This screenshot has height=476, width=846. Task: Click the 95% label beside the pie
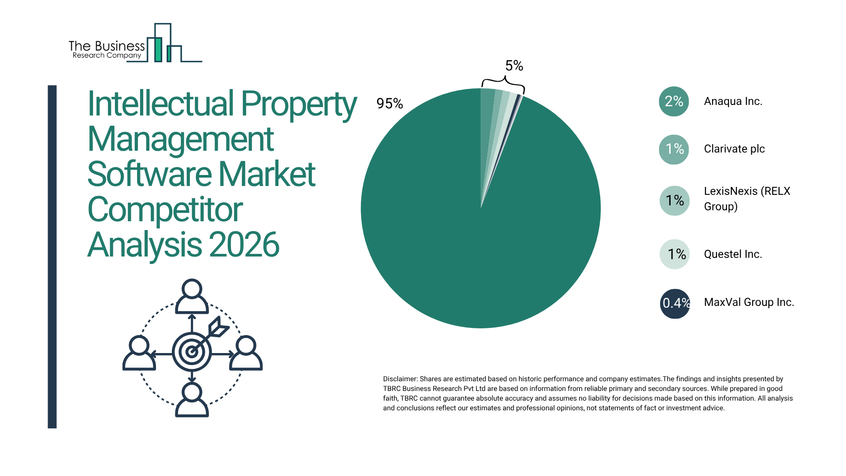[390, 104]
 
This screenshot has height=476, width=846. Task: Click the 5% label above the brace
[514, 66]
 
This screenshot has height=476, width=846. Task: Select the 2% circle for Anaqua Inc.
[674, 101]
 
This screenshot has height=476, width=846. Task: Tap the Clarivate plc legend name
[734, 149]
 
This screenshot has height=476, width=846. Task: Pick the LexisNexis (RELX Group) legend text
[747, 199]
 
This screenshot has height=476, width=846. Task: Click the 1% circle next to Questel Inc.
[675, 254]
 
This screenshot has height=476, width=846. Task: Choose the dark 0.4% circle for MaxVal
[675, 304]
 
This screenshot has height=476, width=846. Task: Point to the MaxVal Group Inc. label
[749, 302]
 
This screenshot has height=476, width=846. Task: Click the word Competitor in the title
[165, 210]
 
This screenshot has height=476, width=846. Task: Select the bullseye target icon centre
[192, 352]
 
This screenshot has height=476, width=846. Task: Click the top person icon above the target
[192, 296]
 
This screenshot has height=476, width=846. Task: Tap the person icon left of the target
[139, 353]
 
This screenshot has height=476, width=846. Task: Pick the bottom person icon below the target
[192, 400]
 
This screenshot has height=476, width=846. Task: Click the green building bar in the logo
[158, 49]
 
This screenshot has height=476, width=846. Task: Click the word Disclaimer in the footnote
[400, 379]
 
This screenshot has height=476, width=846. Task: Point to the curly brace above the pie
[503, 83]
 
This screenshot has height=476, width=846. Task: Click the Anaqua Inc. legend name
[733, 101]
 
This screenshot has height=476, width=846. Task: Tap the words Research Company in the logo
[107, 56]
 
